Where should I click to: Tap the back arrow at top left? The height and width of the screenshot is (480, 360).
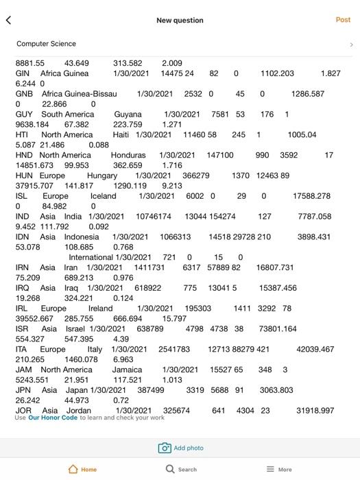[x=8, y=21]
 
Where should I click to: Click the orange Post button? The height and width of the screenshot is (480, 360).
[x=343, y=20]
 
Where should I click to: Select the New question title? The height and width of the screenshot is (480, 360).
[x=180, y=21]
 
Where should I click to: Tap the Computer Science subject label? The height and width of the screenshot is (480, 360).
[x=47, y=44]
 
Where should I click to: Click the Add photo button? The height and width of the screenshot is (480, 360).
[x=181, y=448]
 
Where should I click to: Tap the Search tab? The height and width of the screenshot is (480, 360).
[x=181, y=469]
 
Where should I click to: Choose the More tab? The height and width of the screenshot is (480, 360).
[x=279, y=469]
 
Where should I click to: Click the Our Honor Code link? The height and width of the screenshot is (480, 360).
[x=53, y=418]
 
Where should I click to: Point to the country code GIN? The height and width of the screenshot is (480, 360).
[x=23, y=73]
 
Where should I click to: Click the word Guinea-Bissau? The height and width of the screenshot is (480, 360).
[x=92, y=94]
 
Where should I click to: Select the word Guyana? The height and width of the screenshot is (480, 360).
[x=128, y=115]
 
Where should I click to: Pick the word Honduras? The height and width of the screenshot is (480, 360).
[x=128, y=156]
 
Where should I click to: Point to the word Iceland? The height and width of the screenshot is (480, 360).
[x=104, y=196]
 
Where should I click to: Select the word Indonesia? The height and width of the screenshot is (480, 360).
[x=82, y=237]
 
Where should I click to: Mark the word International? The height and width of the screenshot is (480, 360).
[x=91, y=258]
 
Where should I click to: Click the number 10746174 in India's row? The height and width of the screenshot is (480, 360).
[x=154, y=217]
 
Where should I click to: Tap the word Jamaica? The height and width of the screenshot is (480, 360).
[x=128, y=370]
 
